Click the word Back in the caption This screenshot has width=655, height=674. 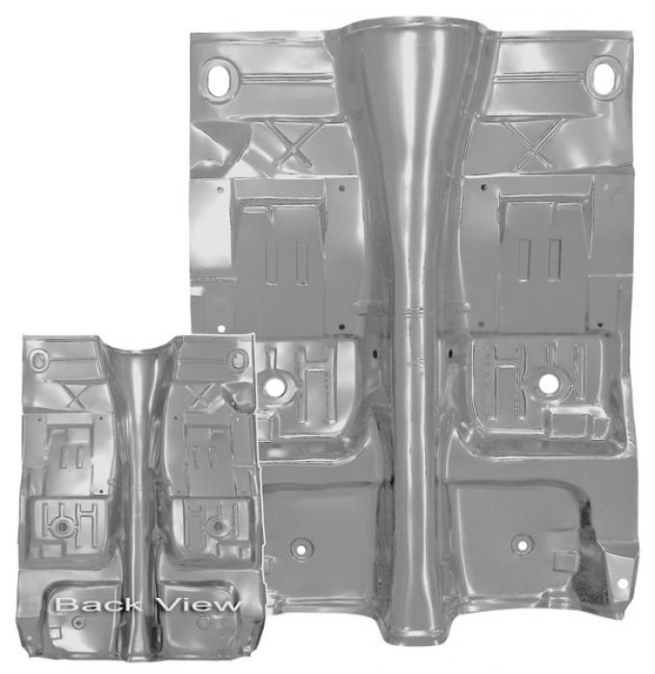(98, 605)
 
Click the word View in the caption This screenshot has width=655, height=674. (198, 605)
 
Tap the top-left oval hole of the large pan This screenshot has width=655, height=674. (219, 80)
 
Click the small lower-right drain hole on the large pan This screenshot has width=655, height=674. (522, 545)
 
